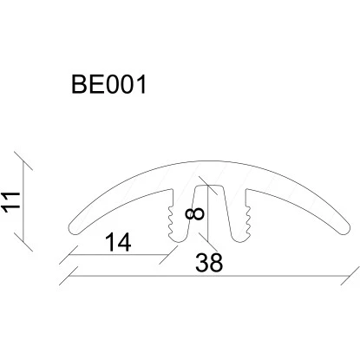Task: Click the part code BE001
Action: coord(108,84)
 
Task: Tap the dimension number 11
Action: coord(11,201)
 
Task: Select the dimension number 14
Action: coord(118,242)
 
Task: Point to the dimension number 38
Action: coord(209,263)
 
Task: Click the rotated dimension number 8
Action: coord(195,214)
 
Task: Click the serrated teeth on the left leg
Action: coord(170,220)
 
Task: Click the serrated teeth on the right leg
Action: coord(248,220)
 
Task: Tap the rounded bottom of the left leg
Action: coord(177,239)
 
